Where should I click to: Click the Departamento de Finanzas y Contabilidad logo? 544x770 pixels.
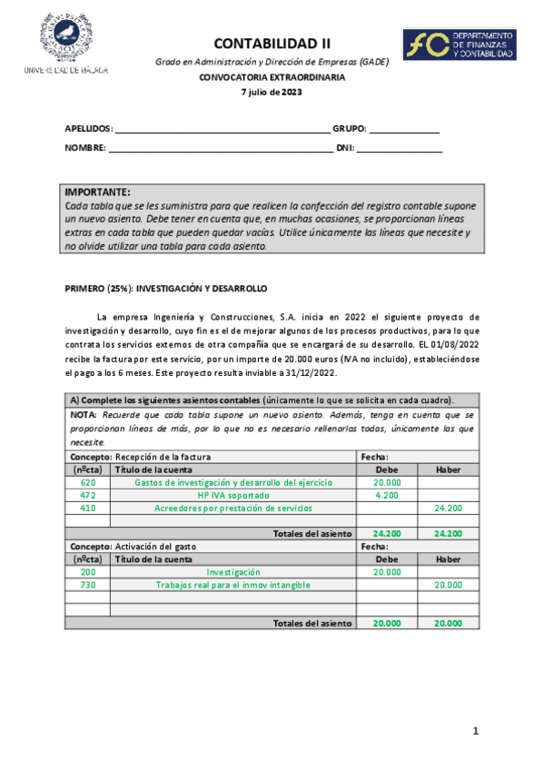click(x=460, y=44)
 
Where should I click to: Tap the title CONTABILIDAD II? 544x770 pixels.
click(x=272, y=43)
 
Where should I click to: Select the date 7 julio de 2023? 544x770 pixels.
click(x=272, y=92)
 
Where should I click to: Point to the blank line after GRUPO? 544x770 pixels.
click(x=403, y=129)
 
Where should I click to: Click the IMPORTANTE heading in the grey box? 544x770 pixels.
click(x=98, y=192)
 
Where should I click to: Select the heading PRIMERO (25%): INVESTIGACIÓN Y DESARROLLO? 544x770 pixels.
click(x=166, y=288)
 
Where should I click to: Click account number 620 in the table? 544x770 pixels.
click(x=87, y=483)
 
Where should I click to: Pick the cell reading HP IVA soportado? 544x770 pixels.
click(x=232, y=496)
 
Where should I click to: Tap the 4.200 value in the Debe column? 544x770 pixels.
click(x=387, y=496)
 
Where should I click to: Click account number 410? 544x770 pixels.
click(x=87, y=508)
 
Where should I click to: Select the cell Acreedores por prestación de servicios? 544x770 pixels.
click(x=232, y=508)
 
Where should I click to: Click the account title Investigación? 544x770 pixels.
click(x=232, y=572)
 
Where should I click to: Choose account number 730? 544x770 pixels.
click(x=87, y=585)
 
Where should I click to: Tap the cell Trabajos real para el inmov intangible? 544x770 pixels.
click(x=232, y=585)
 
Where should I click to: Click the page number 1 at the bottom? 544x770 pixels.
click(x=474, y=731)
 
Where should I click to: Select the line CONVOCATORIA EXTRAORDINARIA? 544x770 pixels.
click(x=272, y=77)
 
